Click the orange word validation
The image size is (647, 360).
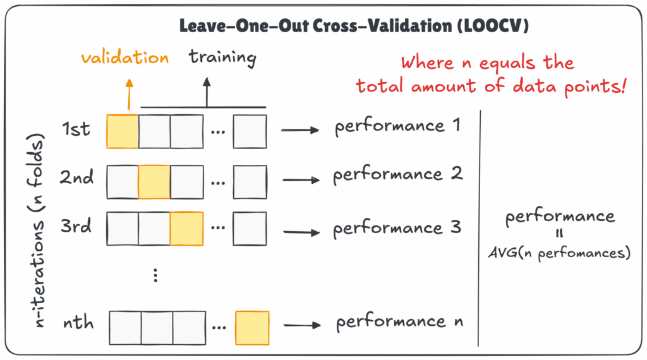pyautogui.click(x=124, y=58)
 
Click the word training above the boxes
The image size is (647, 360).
pyautogui.click(x=222, y=58)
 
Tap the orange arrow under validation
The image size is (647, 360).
pyautogui.click(x=129, y=95)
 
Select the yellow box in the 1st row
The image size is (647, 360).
pyautogui.click(x=122, y=131)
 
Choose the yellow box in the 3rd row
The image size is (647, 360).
pyautogui.click(x=186, y=228)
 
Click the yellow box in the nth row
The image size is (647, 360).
pyautogui.click(x=252, y=327)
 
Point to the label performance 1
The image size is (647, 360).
pyautogui.click(x=399, y=126)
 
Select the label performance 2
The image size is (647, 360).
pyautogui.click(x=398, y=175)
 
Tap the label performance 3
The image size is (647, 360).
pyautogui.click(x=398, y=228)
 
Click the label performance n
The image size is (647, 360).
pyautogui.click(x=399, y=323)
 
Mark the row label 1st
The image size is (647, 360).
pyautogui.click(x=76, y=130)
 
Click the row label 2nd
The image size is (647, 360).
pyautogui.click(x=77, y=178)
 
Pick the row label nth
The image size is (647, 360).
pyautogui.click(x=78, y=323)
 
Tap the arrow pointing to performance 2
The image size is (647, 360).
pyautogui.click(x=301, y=180)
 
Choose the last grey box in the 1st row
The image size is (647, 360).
pyautogui.click(x=250, y=131)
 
